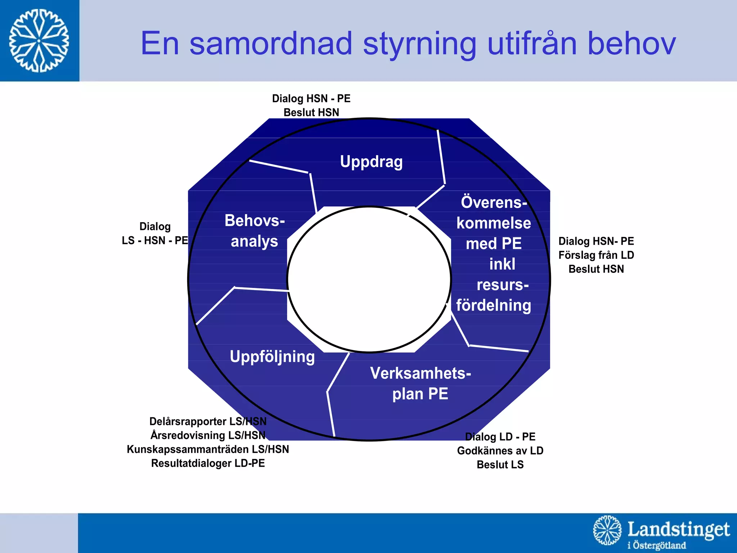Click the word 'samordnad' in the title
(x=271, y=44)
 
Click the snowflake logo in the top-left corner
(x=39, y=40)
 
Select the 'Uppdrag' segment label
(x=371, y=162)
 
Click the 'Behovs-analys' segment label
(x=254, y=231)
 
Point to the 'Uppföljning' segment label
(x=272, y=357)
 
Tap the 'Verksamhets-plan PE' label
(x=420, y=383)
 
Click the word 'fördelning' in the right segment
(x=493, y=305)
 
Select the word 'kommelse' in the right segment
(x=493, y=223)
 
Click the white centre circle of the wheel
(x=369, y=279)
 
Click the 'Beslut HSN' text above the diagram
(x=311, y=112)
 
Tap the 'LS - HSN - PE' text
(x=155, y=240)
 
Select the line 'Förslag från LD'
(x=596, y=255)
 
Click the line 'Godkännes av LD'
(x=500, y=451)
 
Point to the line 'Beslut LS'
(x=500, y=465)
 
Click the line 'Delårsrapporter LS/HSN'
(x=208, y=421)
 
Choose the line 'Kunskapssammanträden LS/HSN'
(x=208, y=449)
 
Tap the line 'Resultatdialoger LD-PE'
(x=208, y=463)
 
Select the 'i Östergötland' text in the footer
(x=656, y=545)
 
